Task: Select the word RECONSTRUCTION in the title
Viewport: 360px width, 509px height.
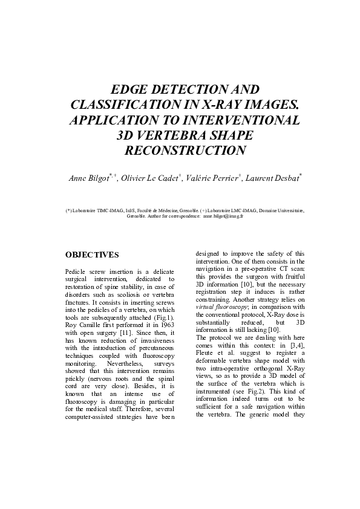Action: [x=185, y=150]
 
